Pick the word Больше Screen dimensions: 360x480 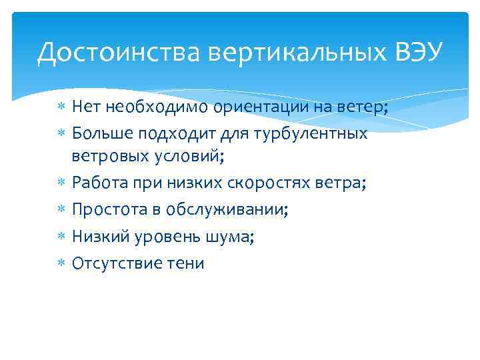tap(102, 134)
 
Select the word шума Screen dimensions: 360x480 tap(228, 237)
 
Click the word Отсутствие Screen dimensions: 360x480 tap(115, 263)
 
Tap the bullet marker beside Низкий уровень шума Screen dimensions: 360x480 tap(61, 237)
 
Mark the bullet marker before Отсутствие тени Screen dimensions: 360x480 tap(61, 263)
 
